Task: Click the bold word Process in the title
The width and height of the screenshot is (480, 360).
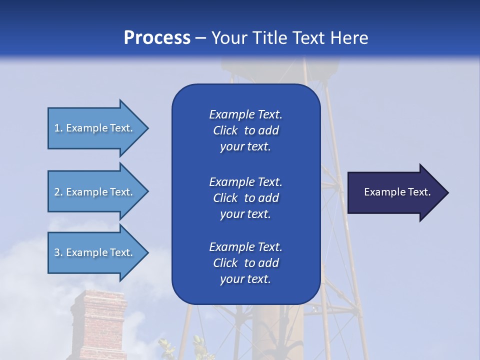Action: [157, 38]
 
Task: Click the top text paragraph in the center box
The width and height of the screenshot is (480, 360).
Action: [245, 130]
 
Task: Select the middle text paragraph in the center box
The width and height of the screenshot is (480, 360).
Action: [245, 198]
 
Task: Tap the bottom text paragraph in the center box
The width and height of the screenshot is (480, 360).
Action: [245, 263]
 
